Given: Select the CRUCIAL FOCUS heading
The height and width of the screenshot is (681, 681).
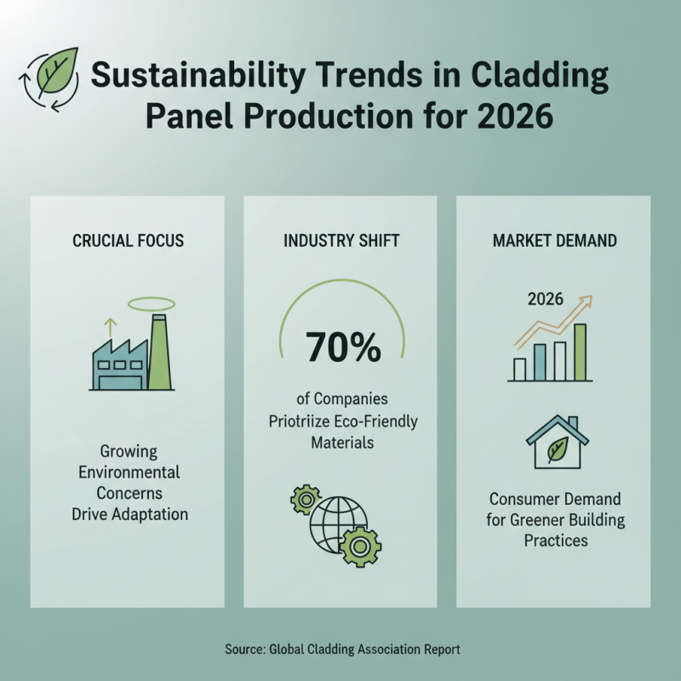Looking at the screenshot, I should pyautogui.click(x=128, y=241).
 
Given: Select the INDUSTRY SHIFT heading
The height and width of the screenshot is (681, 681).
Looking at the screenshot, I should pyautogui.click(x=340, y=241).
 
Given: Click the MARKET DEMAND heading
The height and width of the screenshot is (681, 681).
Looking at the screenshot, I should pyautogui.click(x=554, y=241).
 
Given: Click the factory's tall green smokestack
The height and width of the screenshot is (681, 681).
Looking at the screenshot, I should pyautogui.click(x=159, y=352).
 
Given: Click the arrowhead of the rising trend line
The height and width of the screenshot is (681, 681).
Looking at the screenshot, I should pyautogui.click(x=587, y=301).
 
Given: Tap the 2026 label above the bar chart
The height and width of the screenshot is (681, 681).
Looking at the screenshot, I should pyautogui.click(x=545, y=300).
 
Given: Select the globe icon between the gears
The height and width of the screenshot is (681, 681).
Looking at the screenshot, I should pyautogui.click(x=338, y=520).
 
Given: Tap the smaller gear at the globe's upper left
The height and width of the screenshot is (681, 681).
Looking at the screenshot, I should pyautogui.click(x=304, y=501).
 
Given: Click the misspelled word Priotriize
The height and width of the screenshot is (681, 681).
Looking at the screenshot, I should pyautogui.click(x=303, y=421).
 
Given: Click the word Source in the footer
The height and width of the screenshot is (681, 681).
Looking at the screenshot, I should pyautogui.click(x=244, y=649).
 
